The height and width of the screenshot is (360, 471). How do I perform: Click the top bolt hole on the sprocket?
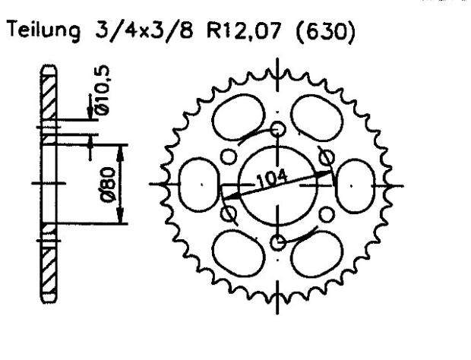tap(277, 129)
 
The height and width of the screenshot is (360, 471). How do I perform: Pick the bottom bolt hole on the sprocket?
tap(277, 242)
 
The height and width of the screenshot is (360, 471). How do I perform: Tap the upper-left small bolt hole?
tap(229, 157)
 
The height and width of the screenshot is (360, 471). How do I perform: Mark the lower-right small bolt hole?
tap(327, 213)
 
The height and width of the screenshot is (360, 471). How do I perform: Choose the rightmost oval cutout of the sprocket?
tap(354, 185)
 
